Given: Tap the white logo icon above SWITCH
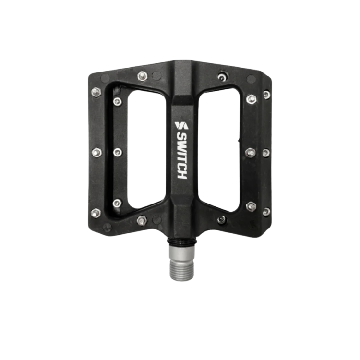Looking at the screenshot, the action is [181, 125].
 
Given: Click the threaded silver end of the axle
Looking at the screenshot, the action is [181, 271].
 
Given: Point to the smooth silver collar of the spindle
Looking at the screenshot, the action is [181, 253].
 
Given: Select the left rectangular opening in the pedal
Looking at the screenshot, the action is [146, 149].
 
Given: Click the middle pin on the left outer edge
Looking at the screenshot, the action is [97, 153].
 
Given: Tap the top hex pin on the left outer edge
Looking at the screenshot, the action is [96, 92].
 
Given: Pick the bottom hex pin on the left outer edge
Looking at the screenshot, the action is [96, 213].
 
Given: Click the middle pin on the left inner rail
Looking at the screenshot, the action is [117, 152].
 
